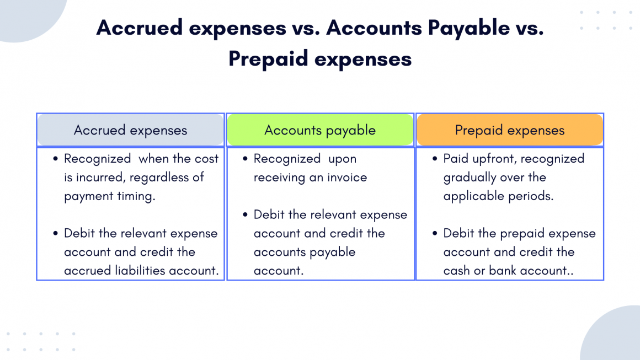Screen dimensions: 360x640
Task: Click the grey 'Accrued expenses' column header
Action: (x=130, y=130)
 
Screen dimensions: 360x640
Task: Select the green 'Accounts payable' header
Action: (x=320, y=130)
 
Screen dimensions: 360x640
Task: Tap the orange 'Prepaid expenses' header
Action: (x=510, y=130)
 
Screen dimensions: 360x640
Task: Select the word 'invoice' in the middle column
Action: (x=346, y=178)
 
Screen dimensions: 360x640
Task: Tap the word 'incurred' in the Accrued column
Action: (x=103, y=178)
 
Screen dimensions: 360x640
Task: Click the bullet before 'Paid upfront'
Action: (x=435, y=159)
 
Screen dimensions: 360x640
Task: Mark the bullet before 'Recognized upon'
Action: (x=245, y=159)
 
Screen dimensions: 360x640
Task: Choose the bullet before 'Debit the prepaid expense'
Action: (x=435, y=233)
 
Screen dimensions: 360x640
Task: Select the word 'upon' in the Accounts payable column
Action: (x=343, y=159)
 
